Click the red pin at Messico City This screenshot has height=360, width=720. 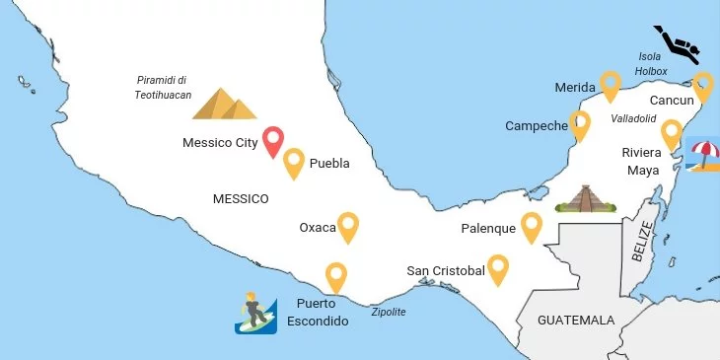273,140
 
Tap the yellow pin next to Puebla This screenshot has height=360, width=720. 294,161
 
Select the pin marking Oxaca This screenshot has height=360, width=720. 348,226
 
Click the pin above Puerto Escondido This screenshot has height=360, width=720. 337,276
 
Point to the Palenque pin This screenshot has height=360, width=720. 532,226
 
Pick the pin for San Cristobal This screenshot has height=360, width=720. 498,267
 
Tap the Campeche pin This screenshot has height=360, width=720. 580,123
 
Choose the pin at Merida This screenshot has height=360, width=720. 612,85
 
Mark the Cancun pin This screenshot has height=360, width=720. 702,85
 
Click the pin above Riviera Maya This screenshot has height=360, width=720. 672,132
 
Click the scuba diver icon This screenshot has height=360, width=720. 680,42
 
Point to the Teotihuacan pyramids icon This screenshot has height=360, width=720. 224,104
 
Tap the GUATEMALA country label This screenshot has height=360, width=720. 576,321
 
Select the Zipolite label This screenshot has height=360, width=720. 388,312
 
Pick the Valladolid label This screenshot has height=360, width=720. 633,117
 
